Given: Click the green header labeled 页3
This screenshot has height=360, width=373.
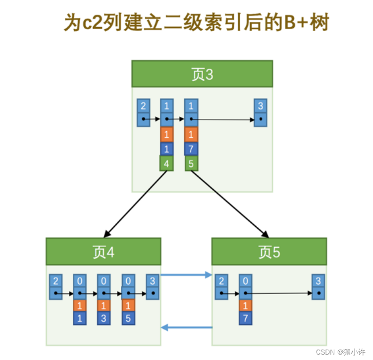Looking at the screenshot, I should point(202,74).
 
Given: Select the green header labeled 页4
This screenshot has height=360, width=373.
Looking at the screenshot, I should point(104,252).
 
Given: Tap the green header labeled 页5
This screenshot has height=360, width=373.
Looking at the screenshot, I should point(269,252).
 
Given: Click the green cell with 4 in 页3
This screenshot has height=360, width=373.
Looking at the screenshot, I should point(166,163).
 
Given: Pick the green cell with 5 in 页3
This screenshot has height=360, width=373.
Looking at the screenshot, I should point(191,163).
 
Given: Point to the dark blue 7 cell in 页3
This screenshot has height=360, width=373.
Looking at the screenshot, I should point(191,149).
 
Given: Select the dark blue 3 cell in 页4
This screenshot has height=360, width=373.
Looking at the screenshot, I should point(104,318).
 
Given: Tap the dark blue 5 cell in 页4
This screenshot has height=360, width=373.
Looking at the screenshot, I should point(128,318).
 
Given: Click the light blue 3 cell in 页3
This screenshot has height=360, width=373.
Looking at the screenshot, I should point(261,105).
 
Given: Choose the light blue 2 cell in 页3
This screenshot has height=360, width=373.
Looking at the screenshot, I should point(143,105).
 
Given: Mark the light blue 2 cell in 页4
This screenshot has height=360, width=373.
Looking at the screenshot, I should point(55,281).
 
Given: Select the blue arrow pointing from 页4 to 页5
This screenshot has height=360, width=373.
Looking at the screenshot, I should point(186,274).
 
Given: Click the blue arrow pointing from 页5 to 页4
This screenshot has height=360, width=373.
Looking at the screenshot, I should point(186,327).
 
